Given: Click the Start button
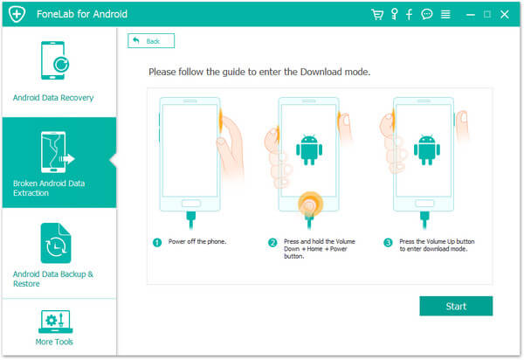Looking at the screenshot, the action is click(x=456, y=306).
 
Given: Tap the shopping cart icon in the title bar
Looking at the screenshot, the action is click(x=377, y=14).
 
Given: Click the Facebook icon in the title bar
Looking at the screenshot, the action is click(x=409, y=14).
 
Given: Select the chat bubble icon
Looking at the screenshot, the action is click(x=427, y=14).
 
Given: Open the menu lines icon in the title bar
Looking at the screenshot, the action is click(x=445, y=14).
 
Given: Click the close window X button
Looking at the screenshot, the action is click(x=505, y=14).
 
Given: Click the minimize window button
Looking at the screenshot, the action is click(x=471, y=15).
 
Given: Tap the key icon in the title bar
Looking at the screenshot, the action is click(x=395, y=14).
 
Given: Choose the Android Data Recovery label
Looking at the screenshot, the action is click(x=53, y=98).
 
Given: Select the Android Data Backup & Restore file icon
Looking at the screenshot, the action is click(x=56, y=243).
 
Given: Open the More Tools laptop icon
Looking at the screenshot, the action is click(x=56, y=322).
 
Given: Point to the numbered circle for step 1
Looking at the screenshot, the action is click(x=157, y=242).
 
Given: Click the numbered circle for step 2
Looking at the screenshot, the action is click(x=272, y=242).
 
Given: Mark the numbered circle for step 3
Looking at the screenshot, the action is click(x=388, y=242).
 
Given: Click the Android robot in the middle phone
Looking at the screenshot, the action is click(x=309, y=150).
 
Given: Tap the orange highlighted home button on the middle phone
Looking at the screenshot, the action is click(x=310, y=204).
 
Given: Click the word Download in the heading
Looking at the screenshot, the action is click(x=321, y=72).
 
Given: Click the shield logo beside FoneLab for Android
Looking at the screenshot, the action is click(x=17, y=14).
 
